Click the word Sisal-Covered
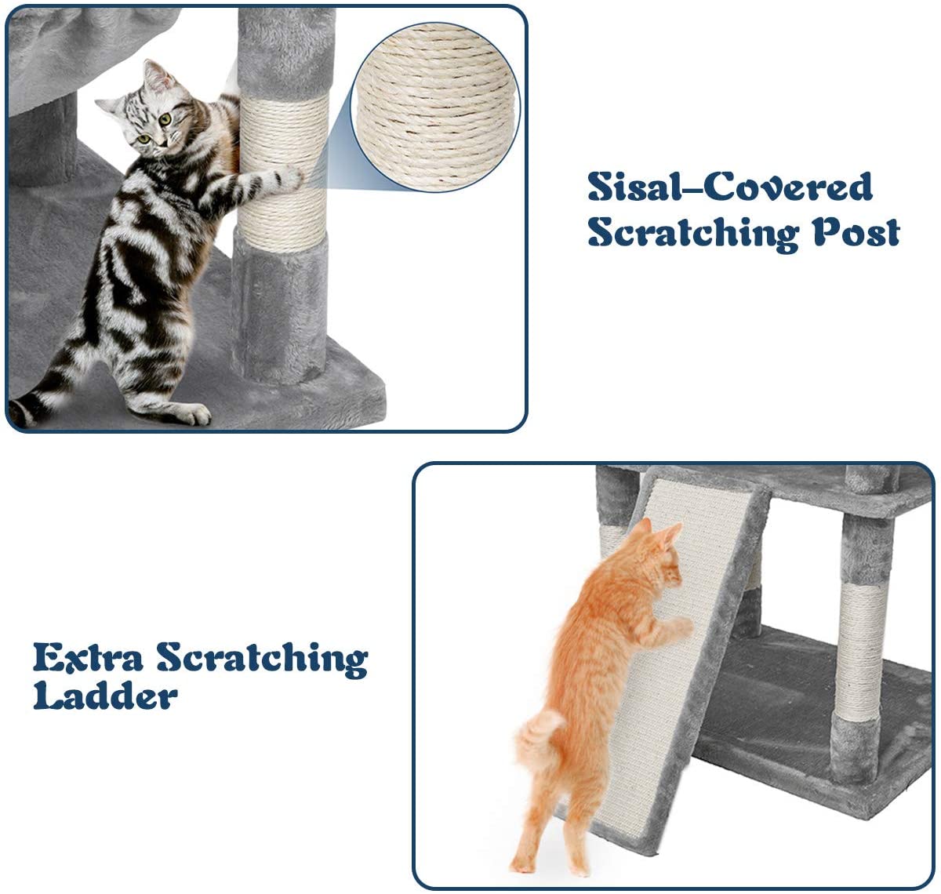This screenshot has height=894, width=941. pyautogui.click(x=729, y=187)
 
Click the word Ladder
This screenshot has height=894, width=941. pyautogui.click(x=105, y=695)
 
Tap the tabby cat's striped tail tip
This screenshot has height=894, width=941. pyautogui.click(x=20, y=412)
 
